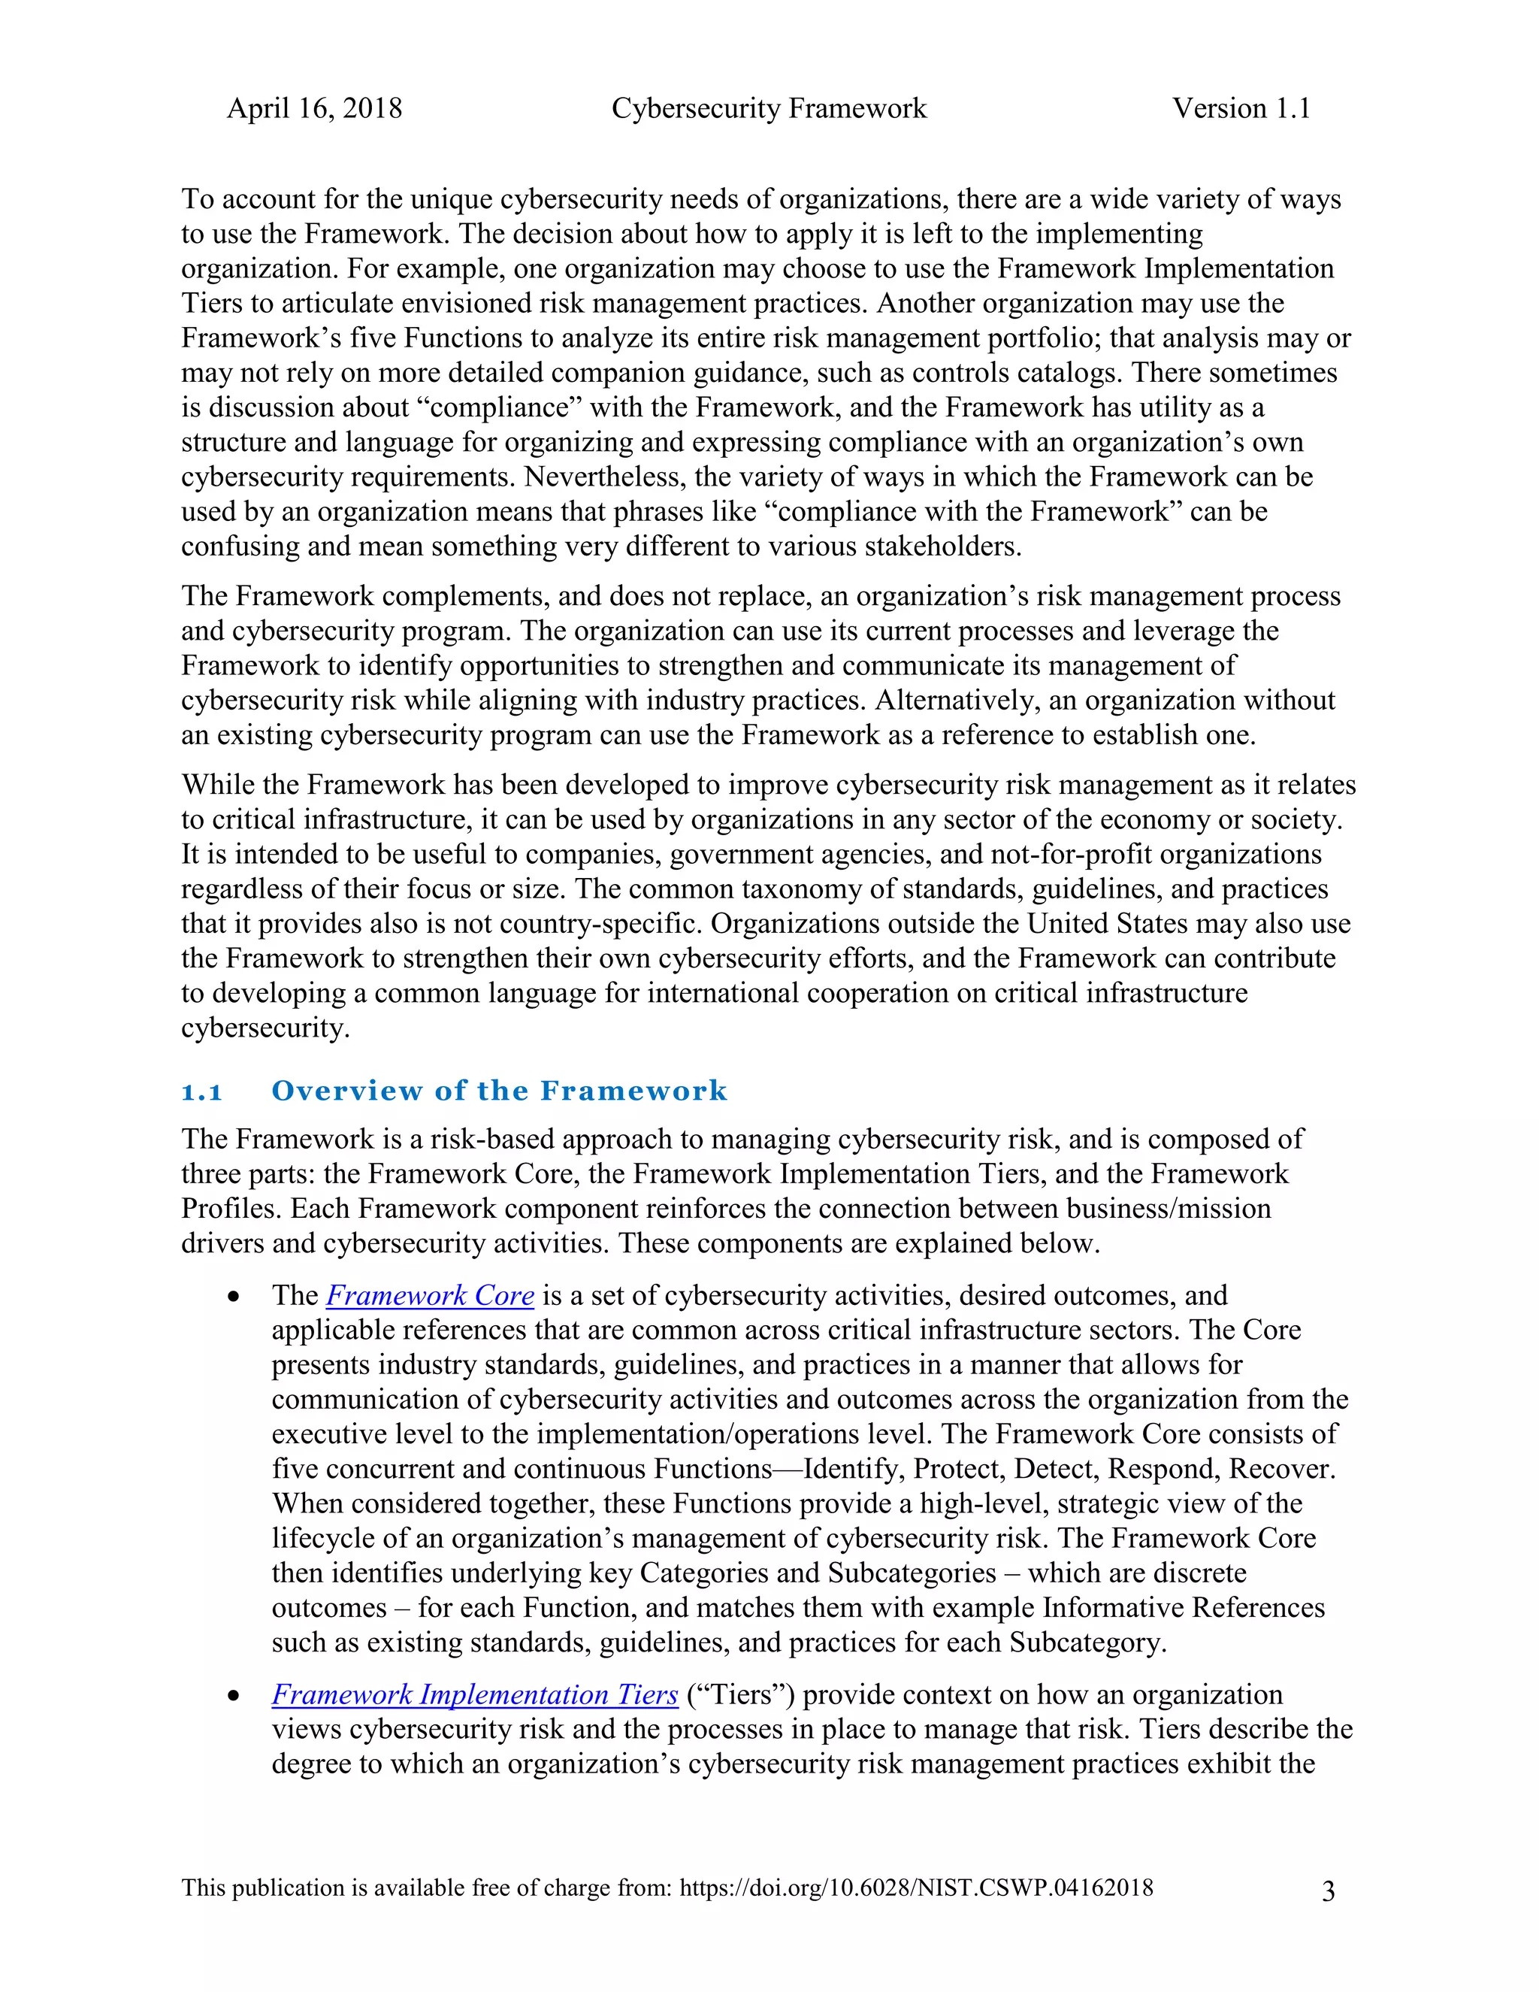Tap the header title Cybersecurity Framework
(x=769, y=108)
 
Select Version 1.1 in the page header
(x=1241, y=108)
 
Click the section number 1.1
(x=201, y=1091)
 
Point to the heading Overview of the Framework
(x=499, y=1091)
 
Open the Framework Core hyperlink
(x=429, y=1296)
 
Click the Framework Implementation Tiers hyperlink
(x=474, y=1694)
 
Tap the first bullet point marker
(x=234, y=1297)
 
